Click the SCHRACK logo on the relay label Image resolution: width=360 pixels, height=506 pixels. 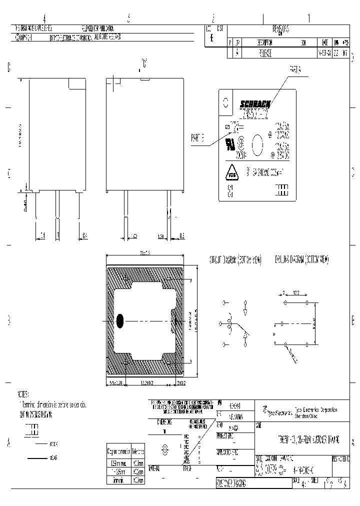point(255,104)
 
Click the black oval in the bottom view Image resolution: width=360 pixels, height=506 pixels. point(120,321)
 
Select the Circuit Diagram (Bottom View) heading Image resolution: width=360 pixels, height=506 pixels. point(235,260)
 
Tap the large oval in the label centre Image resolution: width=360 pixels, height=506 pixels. point(257,145)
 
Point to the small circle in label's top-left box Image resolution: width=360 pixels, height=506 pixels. point(225,102)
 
